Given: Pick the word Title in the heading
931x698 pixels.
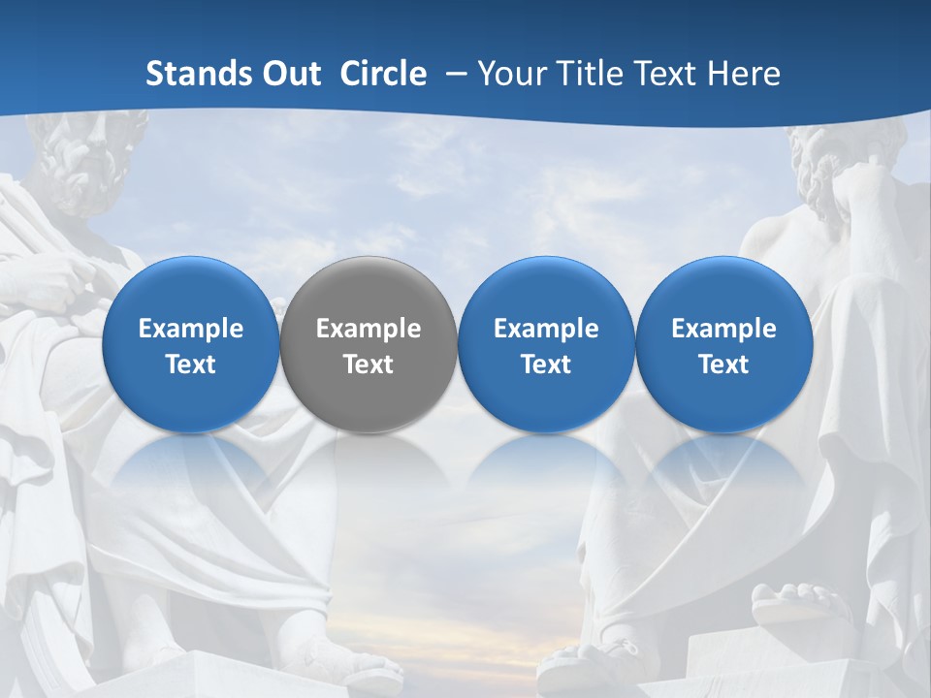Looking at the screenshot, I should click(x=591, y=74).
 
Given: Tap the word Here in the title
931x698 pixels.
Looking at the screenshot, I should click(x=745, y=74).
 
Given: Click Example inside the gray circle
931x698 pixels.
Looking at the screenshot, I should click(x=369, y=329).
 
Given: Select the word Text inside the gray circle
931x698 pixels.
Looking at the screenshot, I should click(x=369, y=365).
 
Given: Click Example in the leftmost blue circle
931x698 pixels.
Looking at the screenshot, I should click(x=191, y=329).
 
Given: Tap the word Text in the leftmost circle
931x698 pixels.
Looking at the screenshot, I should click(x=191, y=365).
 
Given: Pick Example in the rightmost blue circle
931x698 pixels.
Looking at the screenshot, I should click(x=723, y=329).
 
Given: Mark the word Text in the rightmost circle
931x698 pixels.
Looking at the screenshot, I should click(x=723, y=365).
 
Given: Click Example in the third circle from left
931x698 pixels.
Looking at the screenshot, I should click(x=546, y=329).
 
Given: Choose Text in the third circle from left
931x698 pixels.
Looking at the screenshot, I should click(x=546, y=365).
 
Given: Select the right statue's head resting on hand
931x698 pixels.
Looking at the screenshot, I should click(x=834, y=179).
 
